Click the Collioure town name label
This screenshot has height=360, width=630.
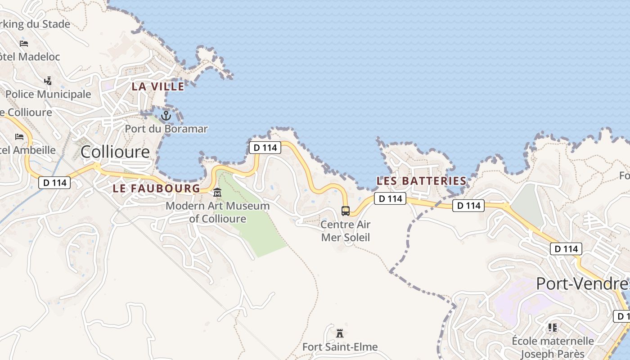[x=115, y=152]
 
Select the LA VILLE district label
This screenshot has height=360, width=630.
[x=157, y=86]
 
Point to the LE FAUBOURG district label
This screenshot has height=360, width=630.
[x=156, y=189]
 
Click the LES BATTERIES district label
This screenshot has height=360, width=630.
[x=421, y=181]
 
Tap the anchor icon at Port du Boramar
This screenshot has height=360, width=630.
[x=166, y=116]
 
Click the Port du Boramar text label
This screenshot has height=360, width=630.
[x=166, y=129]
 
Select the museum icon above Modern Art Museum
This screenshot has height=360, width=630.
[x=218, y=193]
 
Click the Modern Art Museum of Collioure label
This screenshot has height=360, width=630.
[x=218, y=212]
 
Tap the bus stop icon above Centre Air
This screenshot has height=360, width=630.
[x=346, y=211]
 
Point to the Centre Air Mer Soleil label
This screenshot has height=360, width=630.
[x=346, y=230]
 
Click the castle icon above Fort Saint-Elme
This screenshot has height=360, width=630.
[x=340, y=333]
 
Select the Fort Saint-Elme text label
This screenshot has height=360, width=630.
[x=340, y=347]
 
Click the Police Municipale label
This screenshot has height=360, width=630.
[x=48, y=94]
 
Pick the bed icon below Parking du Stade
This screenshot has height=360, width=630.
[x=24, y=44]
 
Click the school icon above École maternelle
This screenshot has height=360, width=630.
[x=553, y=328]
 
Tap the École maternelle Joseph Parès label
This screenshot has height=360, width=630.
[x=553, y=347]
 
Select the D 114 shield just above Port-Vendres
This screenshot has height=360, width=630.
[x=566, y=249]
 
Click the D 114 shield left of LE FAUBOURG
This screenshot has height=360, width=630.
[x=54, y=183]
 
